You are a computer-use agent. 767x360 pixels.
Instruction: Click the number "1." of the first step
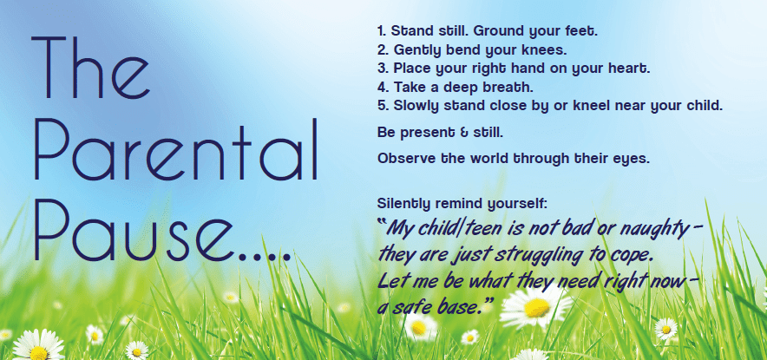383,31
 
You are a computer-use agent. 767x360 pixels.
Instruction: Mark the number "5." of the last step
383,106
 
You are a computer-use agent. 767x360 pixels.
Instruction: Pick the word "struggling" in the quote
546,258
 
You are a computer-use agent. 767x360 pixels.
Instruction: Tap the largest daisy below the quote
535,304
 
